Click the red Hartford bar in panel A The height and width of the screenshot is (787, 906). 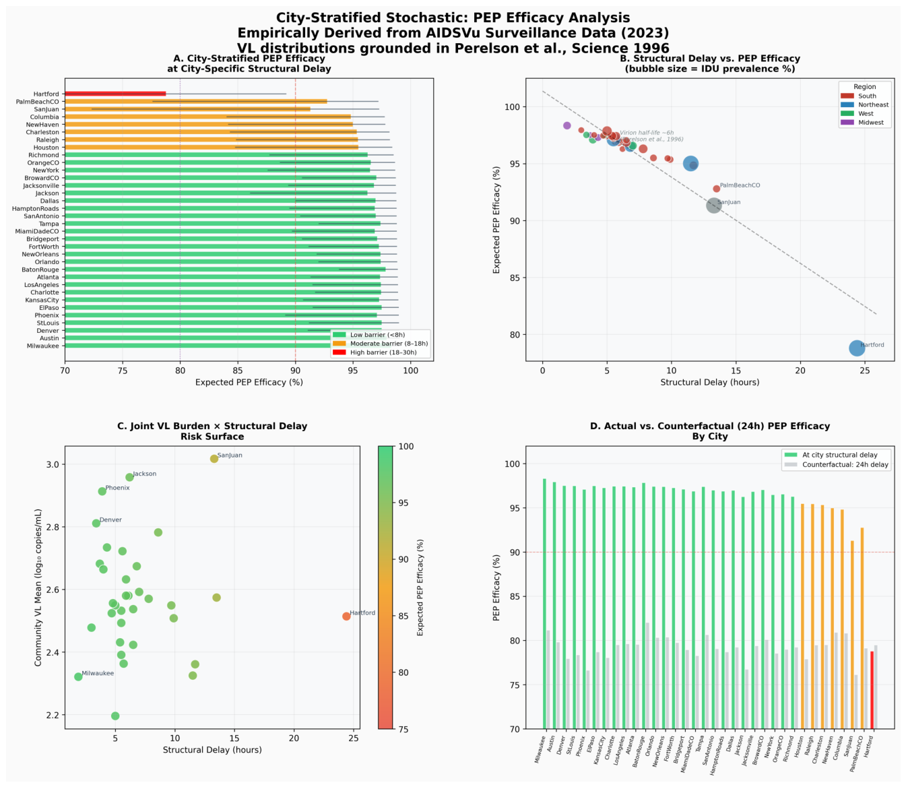[x=115, y=94]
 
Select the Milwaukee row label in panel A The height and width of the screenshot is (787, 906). [x=43, y=346]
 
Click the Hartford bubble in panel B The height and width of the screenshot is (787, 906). [x=857, y=348]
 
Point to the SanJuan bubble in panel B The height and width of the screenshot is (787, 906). [x=714, y=206]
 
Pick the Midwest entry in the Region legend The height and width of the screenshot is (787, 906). [x=871, y=123]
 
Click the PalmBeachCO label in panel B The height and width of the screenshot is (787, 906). [x=740, y=185]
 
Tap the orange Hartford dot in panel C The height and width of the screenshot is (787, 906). [x=346, y=616]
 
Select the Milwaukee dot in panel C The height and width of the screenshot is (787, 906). [x=78, y=676]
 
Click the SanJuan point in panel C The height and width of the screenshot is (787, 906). [x=214, y=459]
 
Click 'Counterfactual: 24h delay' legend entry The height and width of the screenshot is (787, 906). [x=845, y=465]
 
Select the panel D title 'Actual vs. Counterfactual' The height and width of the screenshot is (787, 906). [x=709, y=426]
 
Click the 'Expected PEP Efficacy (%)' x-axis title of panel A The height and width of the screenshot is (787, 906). [x=249, y=382]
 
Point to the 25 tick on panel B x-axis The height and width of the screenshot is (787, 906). [x=865, y=370]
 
